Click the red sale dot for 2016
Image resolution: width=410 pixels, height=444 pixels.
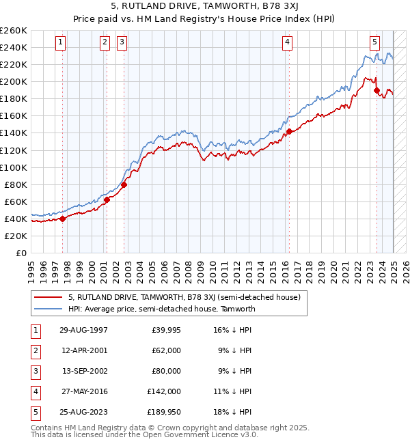click(x=289, y=131)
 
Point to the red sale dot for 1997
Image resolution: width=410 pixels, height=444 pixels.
click(x=63, y=219)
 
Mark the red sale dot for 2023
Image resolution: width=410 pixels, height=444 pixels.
click(x=377, y=90)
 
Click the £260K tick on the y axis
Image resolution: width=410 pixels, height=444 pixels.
click(x=14, y=31)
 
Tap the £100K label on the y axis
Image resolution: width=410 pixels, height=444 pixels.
click(x=14, y=167)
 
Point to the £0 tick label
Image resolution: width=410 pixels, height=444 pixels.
click(x=22, y=253)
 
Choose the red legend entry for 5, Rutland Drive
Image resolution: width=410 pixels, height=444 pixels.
click(x=184, y=297)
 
